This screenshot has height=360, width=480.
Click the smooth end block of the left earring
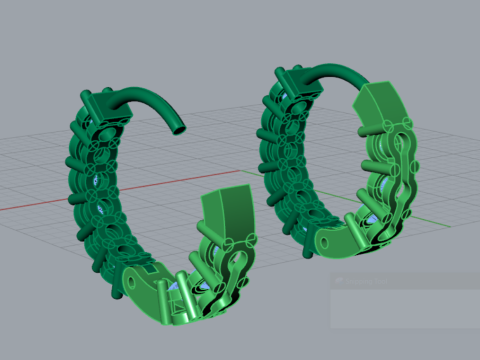coord(227,213)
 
